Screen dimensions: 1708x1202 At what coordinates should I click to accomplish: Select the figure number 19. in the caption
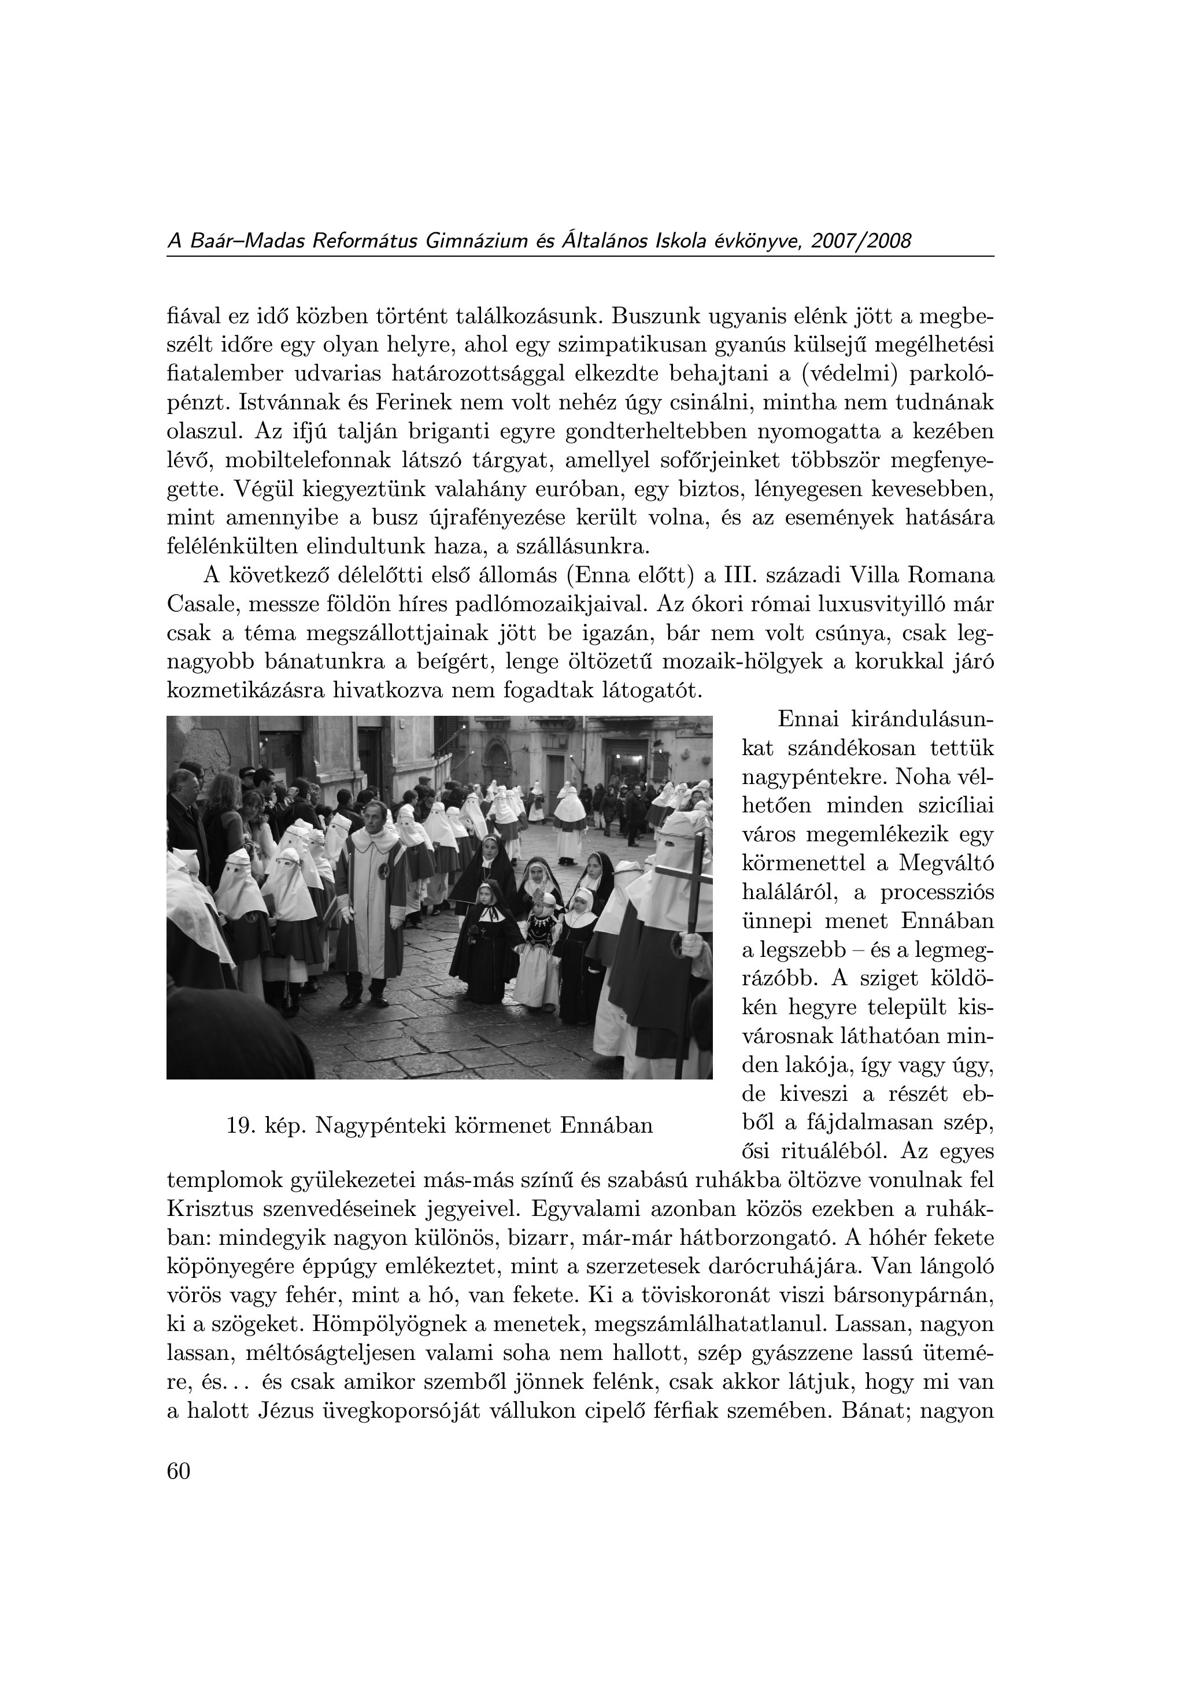[241, 1126]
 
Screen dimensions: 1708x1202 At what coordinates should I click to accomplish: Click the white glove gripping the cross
[691, 945]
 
